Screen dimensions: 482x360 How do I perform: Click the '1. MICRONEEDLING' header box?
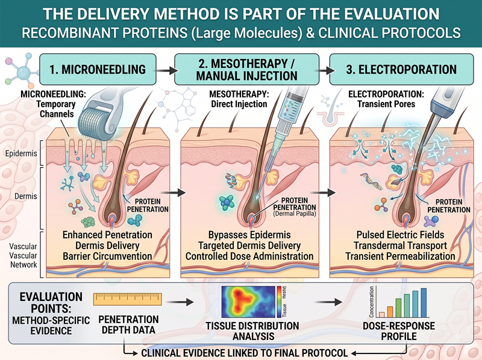point(98,69)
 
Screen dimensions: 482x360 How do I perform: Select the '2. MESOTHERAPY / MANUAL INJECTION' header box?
point(247,69)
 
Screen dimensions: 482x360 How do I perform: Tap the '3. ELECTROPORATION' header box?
point(401,69)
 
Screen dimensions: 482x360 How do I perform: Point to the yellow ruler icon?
point(128,299)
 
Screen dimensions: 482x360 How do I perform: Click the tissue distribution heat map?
point(248,302)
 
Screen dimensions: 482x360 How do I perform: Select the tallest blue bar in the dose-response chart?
point(424,303)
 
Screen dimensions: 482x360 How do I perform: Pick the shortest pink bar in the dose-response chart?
point(382,315)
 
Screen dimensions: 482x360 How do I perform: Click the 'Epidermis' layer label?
point(21,153)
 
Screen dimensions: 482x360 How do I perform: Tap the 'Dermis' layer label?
point(26,196)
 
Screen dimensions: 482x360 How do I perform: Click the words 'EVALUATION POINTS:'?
point(51,303)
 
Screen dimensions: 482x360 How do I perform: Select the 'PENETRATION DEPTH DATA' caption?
point(128,324)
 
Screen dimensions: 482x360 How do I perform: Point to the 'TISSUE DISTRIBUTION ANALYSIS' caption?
point(252,331)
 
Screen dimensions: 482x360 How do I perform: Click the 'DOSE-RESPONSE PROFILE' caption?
point(399,331)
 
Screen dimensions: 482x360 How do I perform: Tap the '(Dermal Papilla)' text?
point(295,213)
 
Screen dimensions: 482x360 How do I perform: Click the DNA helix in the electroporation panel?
point(372,182)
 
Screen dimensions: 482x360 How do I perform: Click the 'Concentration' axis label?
point(372,302)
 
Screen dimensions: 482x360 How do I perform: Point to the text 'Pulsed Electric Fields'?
point(400,235)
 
